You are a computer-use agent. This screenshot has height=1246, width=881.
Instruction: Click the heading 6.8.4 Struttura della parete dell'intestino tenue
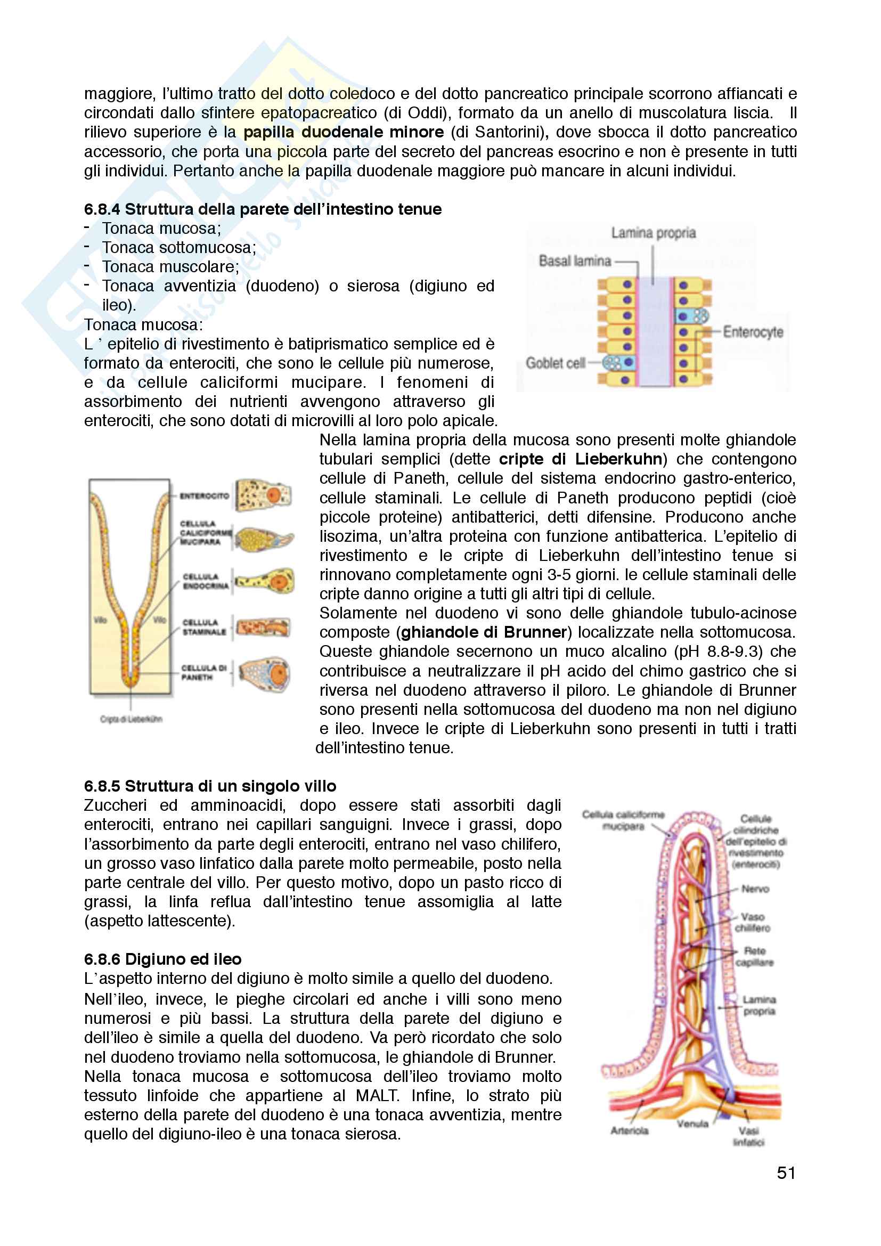click(x=263, y=209)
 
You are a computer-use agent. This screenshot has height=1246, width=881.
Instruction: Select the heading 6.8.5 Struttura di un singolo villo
click(x=210, y=786)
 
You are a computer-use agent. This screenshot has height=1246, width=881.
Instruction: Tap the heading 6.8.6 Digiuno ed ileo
click(x=163, y=959)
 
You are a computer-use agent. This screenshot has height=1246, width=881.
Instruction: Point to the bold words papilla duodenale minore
click(x=344, y=132)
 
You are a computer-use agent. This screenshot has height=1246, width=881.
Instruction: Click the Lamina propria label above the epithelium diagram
click(x=653, y=233)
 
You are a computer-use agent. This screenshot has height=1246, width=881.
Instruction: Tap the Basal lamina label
click(x=575, y=261)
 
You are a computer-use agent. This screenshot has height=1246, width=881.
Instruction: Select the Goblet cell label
click(x=555, y=363)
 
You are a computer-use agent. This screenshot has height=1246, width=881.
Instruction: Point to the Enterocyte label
click(x=753, y=331)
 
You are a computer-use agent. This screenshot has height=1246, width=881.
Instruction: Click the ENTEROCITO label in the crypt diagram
click(x=204, y=496)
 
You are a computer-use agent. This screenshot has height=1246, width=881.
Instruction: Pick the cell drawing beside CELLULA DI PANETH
click(x=265, y=674)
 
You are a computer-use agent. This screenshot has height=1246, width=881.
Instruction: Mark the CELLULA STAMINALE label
click(x=204, y=628)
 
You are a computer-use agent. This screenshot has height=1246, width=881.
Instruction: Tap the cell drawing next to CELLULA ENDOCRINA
click(x=266, y=582)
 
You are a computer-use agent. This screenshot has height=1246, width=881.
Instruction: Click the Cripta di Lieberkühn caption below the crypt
click(x=130, y=719)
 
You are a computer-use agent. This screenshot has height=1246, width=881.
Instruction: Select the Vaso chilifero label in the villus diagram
click(x=753, y=922)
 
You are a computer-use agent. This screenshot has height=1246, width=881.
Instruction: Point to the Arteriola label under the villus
click(x=629, y=1130)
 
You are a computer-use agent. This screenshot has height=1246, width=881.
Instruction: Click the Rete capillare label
click(x=755, y=956)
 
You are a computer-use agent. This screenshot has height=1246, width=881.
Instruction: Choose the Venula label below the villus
click(x=692, y=1123)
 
